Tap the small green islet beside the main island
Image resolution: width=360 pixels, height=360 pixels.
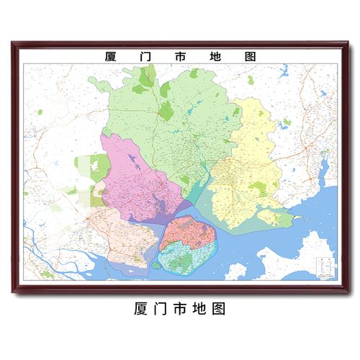[x=155, y=264]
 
